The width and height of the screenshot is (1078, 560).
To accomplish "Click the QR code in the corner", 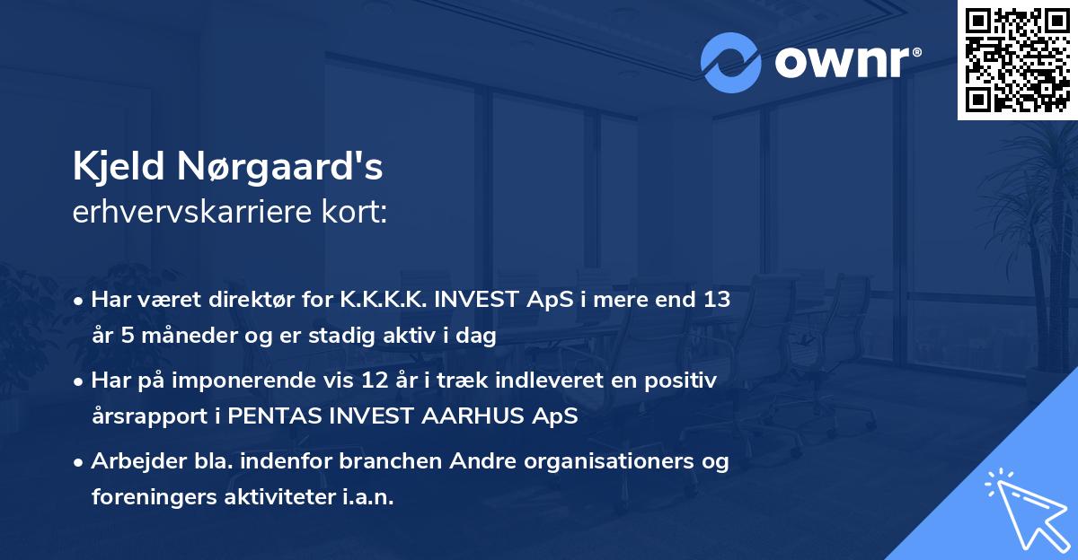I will point(1017,60).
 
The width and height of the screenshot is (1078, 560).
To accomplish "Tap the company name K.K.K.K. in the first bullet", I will point(379,300).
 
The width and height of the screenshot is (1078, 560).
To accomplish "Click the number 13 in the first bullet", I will point(716,300).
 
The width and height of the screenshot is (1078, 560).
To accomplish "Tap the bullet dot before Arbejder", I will point(79,462).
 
